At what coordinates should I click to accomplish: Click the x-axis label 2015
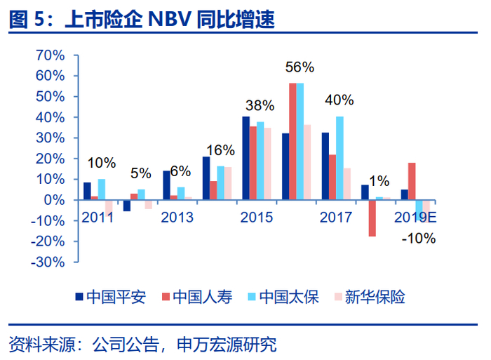tap(257, 218)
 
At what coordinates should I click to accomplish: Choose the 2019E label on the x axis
tap(415, 218)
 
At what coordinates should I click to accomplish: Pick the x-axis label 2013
tap(177, 218)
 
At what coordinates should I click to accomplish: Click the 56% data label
tap(300, 67)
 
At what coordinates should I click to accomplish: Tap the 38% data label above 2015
tap(260, 105)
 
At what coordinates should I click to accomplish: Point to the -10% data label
tap(419, 238)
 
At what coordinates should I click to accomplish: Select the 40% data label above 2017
tap(339, 100)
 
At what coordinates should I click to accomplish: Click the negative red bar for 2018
tap(372, 218)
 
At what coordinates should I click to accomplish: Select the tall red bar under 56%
tap(292, 141)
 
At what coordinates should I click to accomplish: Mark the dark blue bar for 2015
tap(245, 158)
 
